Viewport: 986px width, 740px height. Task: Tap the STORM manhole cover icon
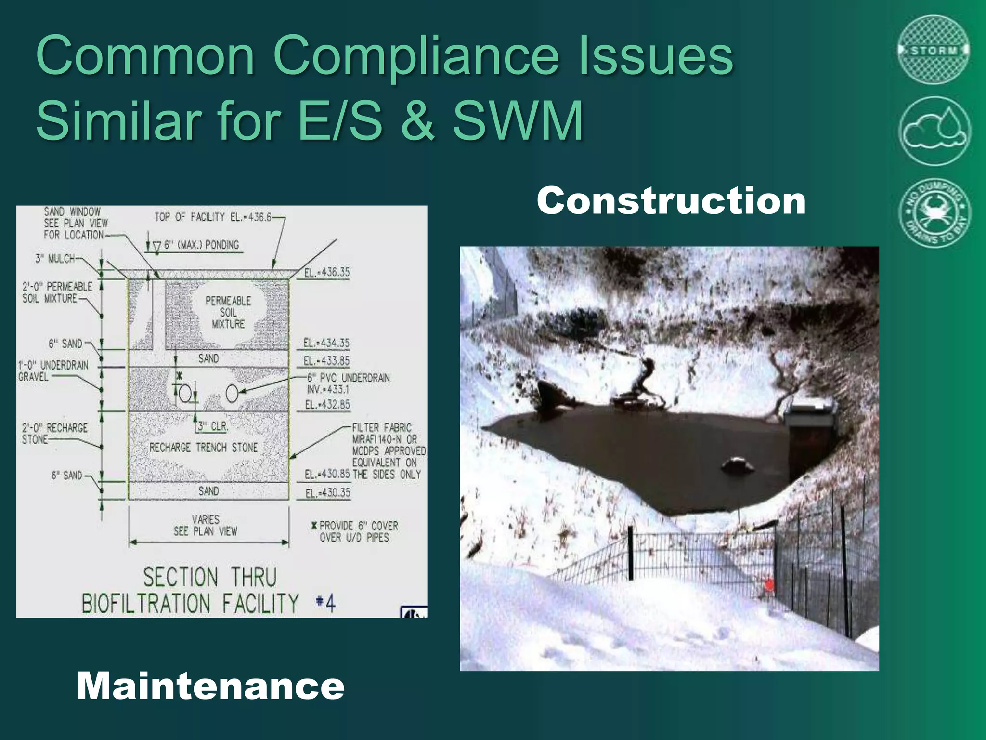coord(934,50)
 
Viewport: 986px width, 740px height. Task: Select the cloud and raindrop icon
coord(934,131)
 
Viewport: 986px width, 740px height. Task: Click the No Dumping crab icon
coord(935,213)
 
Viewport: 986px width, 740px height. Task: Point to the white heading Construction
coord(671,200)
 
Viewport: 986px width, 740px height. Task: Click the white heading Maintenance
coord(210,686)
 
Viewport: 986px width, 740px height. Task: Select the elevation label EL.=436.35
coord(327,272)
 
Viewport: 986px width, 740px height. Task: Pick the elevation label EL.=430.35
coord(327,493)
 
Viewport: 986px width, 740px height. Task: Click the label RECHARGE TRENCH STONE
coord(203,448)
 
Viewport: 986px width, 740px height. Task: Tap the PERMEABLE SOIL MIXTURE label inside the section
coord(228,312)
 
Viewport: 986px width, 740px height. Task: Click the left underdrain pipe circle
coord(185,394)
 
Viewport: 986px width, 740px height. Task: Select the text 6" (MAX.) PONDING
coord(201,245)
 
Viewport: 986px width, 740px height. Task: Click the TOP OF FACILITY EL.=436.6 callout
coord(213,217)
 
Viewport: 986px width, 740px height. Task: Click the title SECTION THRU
coord(210,577)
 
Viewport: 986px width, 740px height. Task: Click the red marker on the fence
coord(769,585)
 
